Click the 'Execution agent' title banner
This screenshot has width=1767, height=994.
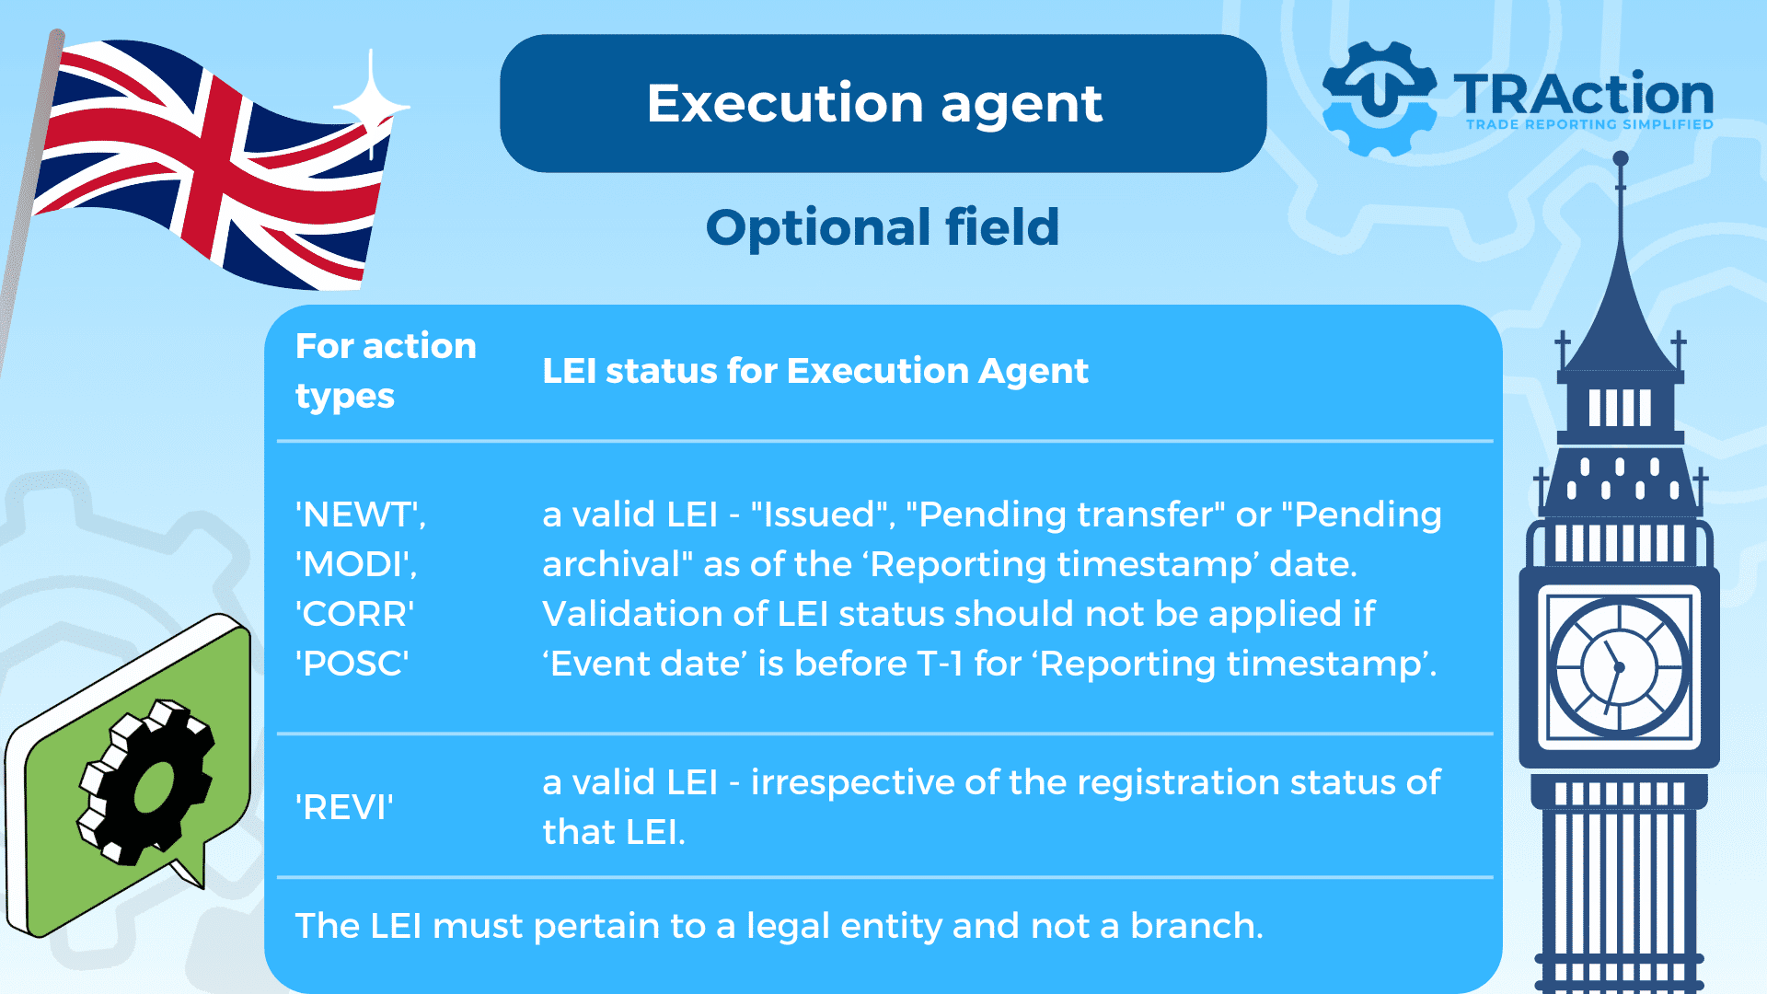[883, 103]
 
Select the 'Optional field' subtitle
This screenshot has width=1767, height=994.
[883, 226]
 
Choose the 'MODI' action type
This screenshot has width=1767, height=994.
[356, 564]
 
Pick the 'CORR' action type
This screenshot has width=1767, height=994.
[355, 614]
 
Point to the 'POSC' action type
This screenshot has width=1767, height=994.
[352, 664]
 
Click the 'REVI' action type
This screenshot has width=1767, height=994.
[344, 807]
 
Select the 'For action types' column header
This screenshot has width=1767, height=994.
[387, 370]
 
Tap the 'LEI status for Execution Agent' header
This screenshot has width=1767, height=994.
[815, 371]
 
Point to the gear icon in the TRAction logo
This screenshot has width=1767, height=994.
[1379, 98]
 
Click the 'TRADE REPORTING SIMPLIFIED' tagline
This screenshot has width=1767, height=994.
[1589, 124]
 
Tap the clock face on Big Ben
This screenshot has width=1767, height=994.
[1619, 666]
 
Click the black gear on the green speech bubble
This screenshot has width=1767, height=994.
[147, 782]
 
